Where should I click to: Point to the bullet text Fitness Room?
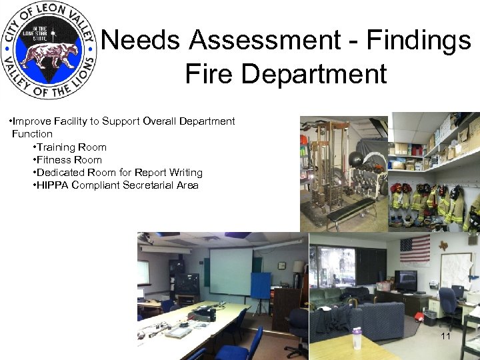69,160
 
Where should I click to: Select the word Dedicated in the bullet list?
60,173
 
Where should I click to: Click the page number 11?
445,336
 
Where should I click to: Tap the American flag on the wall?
414,250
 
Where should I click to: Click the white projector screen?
231,271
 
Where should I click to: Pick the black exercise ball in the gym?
356,160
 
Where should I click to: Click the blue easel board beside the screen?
261,285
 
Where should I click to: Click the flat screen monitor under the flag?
405,279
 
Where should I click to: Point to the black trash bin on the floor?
430,317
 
